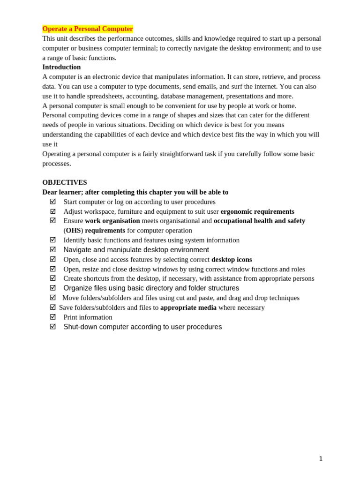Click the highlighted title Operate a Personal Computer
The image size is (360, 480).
88,29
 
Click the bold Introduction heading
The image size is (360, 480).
61,67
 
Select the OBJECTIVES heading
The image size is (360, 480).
65,182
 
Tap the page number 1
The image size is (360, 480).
321,459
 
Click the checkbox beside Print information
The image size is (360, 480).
53,317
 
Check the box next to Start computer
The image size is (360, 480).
53,202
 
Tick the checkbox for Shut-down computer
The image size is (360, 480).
53,327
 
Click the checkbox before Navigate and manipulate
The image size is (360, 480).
53,249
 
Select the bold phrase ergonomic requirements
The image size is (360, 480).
257,211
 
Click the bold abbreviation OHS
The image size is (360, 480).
73,231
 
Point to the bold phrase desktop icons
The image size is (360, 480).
232,259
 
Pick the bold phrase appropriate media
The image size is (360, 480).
188,307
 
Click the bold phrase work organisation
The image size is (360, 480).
112,221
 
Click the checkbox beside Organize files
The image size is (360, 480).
53,288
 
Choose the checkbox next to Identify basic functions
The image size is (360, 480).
53,240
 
